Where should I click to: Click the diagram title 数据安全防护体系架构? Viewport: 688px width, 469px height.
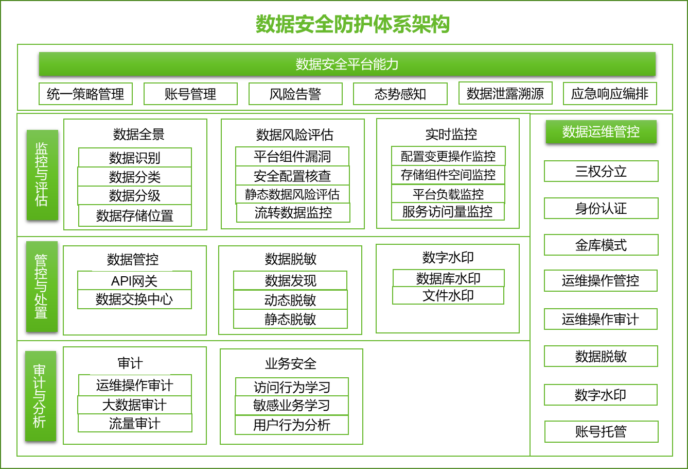[x=352, y=24]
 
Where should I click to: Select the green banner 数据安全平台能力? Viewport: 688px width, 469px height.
[x=347, y=64]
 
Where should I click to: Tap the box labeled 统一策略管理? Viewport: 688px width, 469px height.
[x=86, y=94]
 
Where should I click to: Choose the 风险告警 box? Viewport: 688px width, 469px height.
[x=295, y=94]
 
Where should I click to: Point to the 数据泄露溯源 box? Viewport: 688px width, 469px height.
[x=505, y=93]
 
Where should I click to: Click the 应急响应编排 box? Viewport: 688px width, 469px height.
[x=610, y=93]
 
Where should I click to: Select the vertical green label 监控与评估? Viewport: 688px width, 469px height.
[x=42, y=175]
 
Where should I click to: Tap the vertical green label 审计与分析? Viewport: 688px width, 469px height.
[x=41, y=396]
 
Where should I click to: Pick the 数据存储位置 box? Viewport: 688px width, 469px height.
[x=135, y=215]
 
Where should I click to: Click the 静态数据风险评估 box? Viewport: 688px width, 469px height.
[x=292, y=194]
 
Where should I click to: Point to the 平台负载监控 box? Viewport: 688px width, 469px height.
[x=448, y=194]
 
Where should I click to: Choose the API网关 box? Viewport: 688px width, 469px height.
[x=134, y=280]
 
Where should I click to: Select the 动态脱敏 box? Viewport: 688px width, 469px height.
[x=290, y=300]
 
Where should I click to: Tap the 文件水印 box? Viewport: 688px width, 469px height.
[x=448, y=295]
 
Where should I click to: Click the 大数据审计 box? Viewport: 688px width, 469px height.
[x=134, y=405]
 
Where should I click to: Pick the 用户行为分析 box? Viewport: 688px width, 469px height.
[x=292, y=425]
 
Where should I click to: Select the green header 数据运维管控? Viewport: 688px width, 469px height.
[x=601, y=131]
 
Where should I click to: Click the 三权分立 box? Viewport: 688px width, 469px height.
[x=601, y=171]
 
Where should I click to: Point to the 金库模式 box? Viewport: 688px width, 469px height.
[x=601, y=245]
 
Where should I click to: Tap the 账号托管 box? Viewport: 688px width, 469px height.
[x=602, y=431]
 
